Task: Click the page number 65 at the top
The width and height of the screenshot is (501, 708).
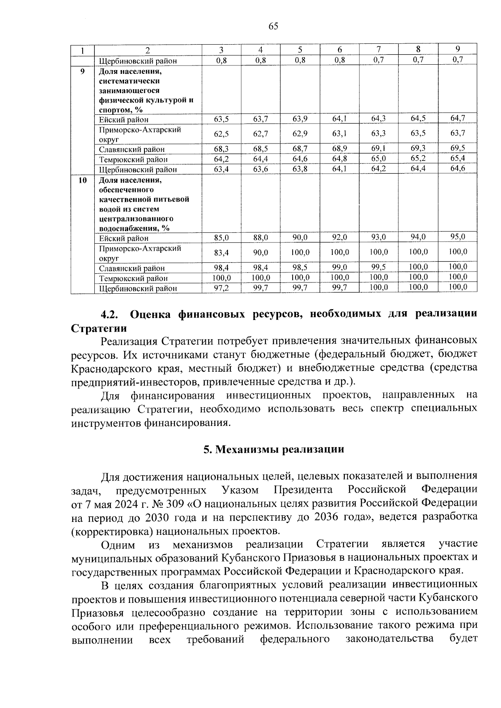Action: (x=273, y=26)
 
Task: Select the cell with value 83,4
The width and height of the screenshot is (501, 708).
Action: (x=221, y=252)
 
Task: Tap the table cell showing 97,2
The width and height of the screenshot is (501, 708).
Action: (x=221, y=288)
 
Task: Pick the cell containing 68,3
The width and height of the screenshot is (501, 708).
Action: (x=221, y=149)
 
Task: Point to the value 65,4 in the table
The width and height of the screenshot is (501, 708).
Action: (x=458, y=159)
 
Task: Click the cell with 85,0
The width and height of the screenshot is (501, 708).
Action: (x=221, y=238)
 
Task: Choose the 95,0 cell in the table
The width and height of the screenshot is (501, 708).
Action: (x=458, y=237)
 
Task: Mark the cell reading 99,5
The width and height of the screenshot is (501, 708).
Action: (x=379, y=267)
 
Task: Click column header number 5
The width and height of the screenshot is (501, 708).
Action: (x=300, y=50)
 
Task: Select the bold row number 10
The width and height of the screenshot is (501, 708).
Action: (x=83, y=180)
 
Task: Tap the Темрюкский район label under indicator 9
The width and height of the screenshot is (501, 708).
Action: (x=133, y=159)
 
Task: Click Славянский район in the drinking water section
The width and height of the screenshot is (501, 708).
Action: (x=132, y=268)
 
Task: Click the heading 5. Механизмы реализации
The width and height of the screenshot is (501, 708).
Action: (x=273, y=449)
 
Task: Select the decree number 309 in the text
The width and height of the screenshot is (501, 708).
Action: (x=175, y=503)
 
